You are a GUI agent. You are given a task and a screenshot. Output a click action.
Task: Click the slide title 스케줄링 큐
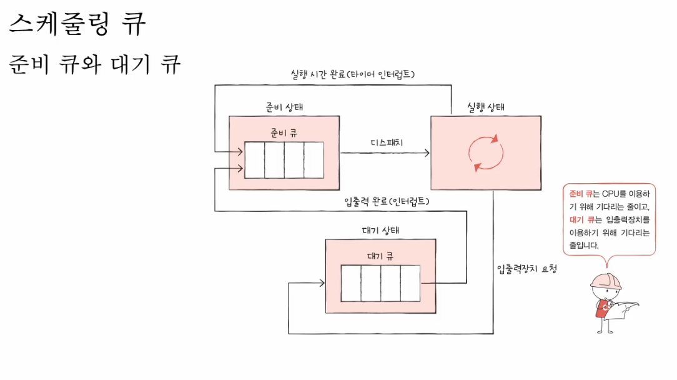pos(77,25)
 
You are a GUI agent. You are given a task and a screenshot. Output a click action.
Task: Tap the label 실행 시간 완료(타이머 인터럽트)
pos(353,75)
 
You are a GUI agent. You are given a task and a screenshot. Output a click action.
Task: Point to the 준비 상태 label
pos(285,107)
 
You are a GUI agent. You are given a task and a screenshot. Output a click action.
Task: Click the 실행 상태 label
pos(486,107)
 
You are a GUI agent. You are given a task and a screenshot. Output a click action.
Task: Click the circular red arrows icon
pos(486,152)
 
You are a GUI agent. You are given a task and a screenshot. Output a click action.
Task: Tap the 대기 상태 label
pos(381,231)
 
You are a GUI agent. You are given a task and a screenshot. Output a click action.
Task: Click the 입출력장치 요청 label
pos(526,269)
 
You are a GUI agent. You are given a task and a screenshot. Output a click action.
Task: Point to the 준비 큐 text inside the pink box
pos(284,132)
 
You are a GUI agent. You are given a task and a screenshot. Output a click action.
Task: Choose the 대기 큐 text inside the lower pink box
pos(380,256)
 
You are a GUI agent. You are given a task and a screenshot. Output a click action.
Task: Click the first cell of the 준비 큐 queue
pos(254,160)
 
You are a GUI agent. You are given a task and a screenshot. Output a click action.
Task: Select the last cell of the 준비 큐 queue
pos(314,160)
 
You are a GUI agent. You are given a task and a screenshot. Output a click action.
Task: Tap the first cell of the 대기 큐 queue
pos(351,283)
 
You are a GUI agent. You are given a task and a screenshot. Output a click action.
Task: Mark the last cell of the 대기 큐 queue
pos(410,283)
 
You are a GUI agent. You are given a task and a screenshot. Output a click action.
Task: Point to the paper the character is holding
pos(625,311)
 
